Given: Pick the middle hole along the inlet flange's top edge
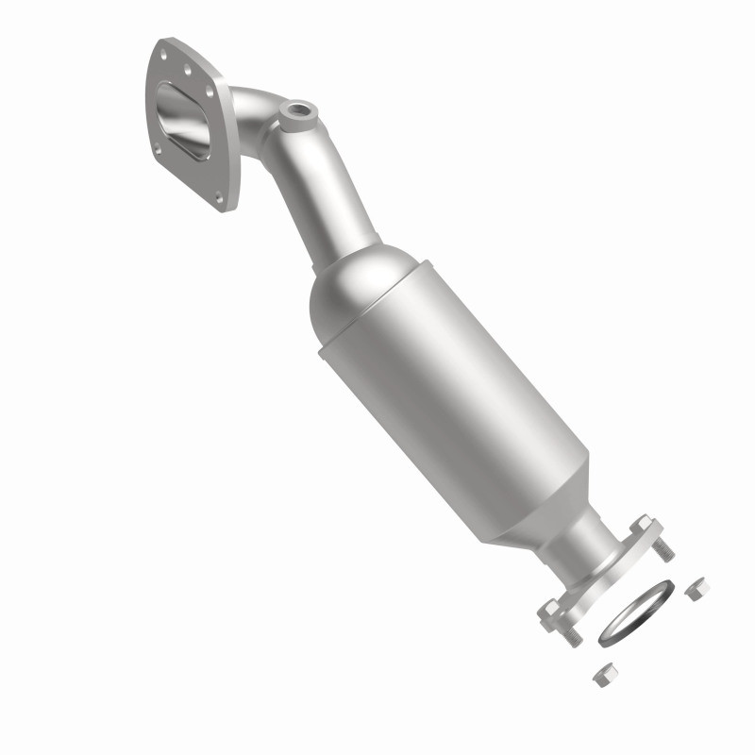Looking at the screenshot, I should tap(187, 70).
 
